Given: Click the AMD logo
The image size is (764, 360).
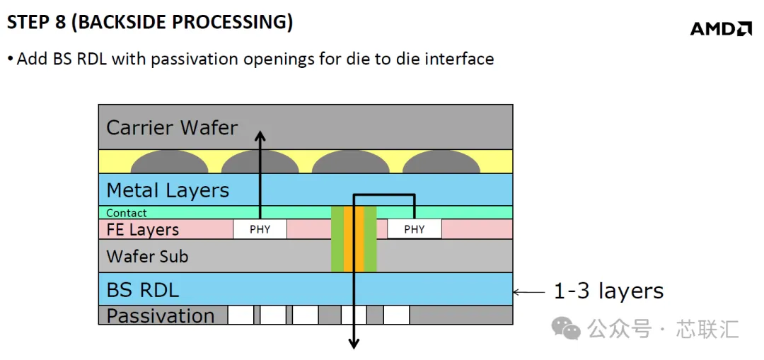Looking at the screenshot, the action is pyautogui.click(x=721, y=29).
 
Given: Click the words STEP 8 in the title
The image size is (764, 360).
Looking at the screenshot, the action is pyautogui.click(x=37, y=23).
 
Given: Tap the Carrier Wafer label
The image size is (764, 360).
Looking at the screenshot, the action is pyautogui.click(x=172, y=127).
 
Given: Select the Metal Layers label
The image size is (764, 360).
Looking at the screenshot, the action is pyautogui.click(x=168, y=190).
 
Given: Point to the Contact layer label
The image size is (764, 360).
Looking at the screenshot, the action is pyautogui.click(x=126, y=213).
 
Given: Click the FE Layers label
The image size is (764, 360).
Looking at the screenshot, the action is pyautogui.click(x=142, y=229).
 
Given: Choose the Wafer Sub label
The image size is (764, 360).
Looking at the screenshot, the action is pyautogui.click(x=147, y=256).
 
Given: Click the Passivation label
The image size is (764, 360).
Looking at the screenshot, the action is pyautogui.click(x=161, y=315).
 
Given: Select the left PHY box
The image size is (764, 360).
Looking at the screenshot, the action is pyautogui.click(x=260, y=229).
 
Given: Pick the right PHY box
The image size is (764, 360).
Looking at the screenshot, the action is pyautogui.click(x=414, y=229).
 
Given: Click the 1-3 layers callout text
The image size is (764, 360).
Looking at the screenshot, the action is pyautogui.click(x=608, y=291).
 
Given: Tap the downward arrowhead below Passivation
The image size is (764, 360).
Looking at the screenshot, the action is pyautogui.click(x=353, y=343).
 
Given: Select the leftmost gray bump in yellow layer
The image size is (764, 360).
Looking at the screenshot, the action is pyautogui.click(x=170, y=161).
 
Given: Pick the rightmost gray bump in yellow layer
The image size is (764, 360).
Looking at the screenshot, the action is pyautogui.click(x=441, y=161).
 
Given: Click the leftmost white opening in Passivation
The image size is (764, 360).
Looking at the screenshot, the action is pyautogui.click(x=241, y=315).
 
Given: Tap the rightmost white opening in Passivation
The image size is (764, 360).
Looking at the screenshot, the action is pyautogui.click(x=396, y=315).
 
